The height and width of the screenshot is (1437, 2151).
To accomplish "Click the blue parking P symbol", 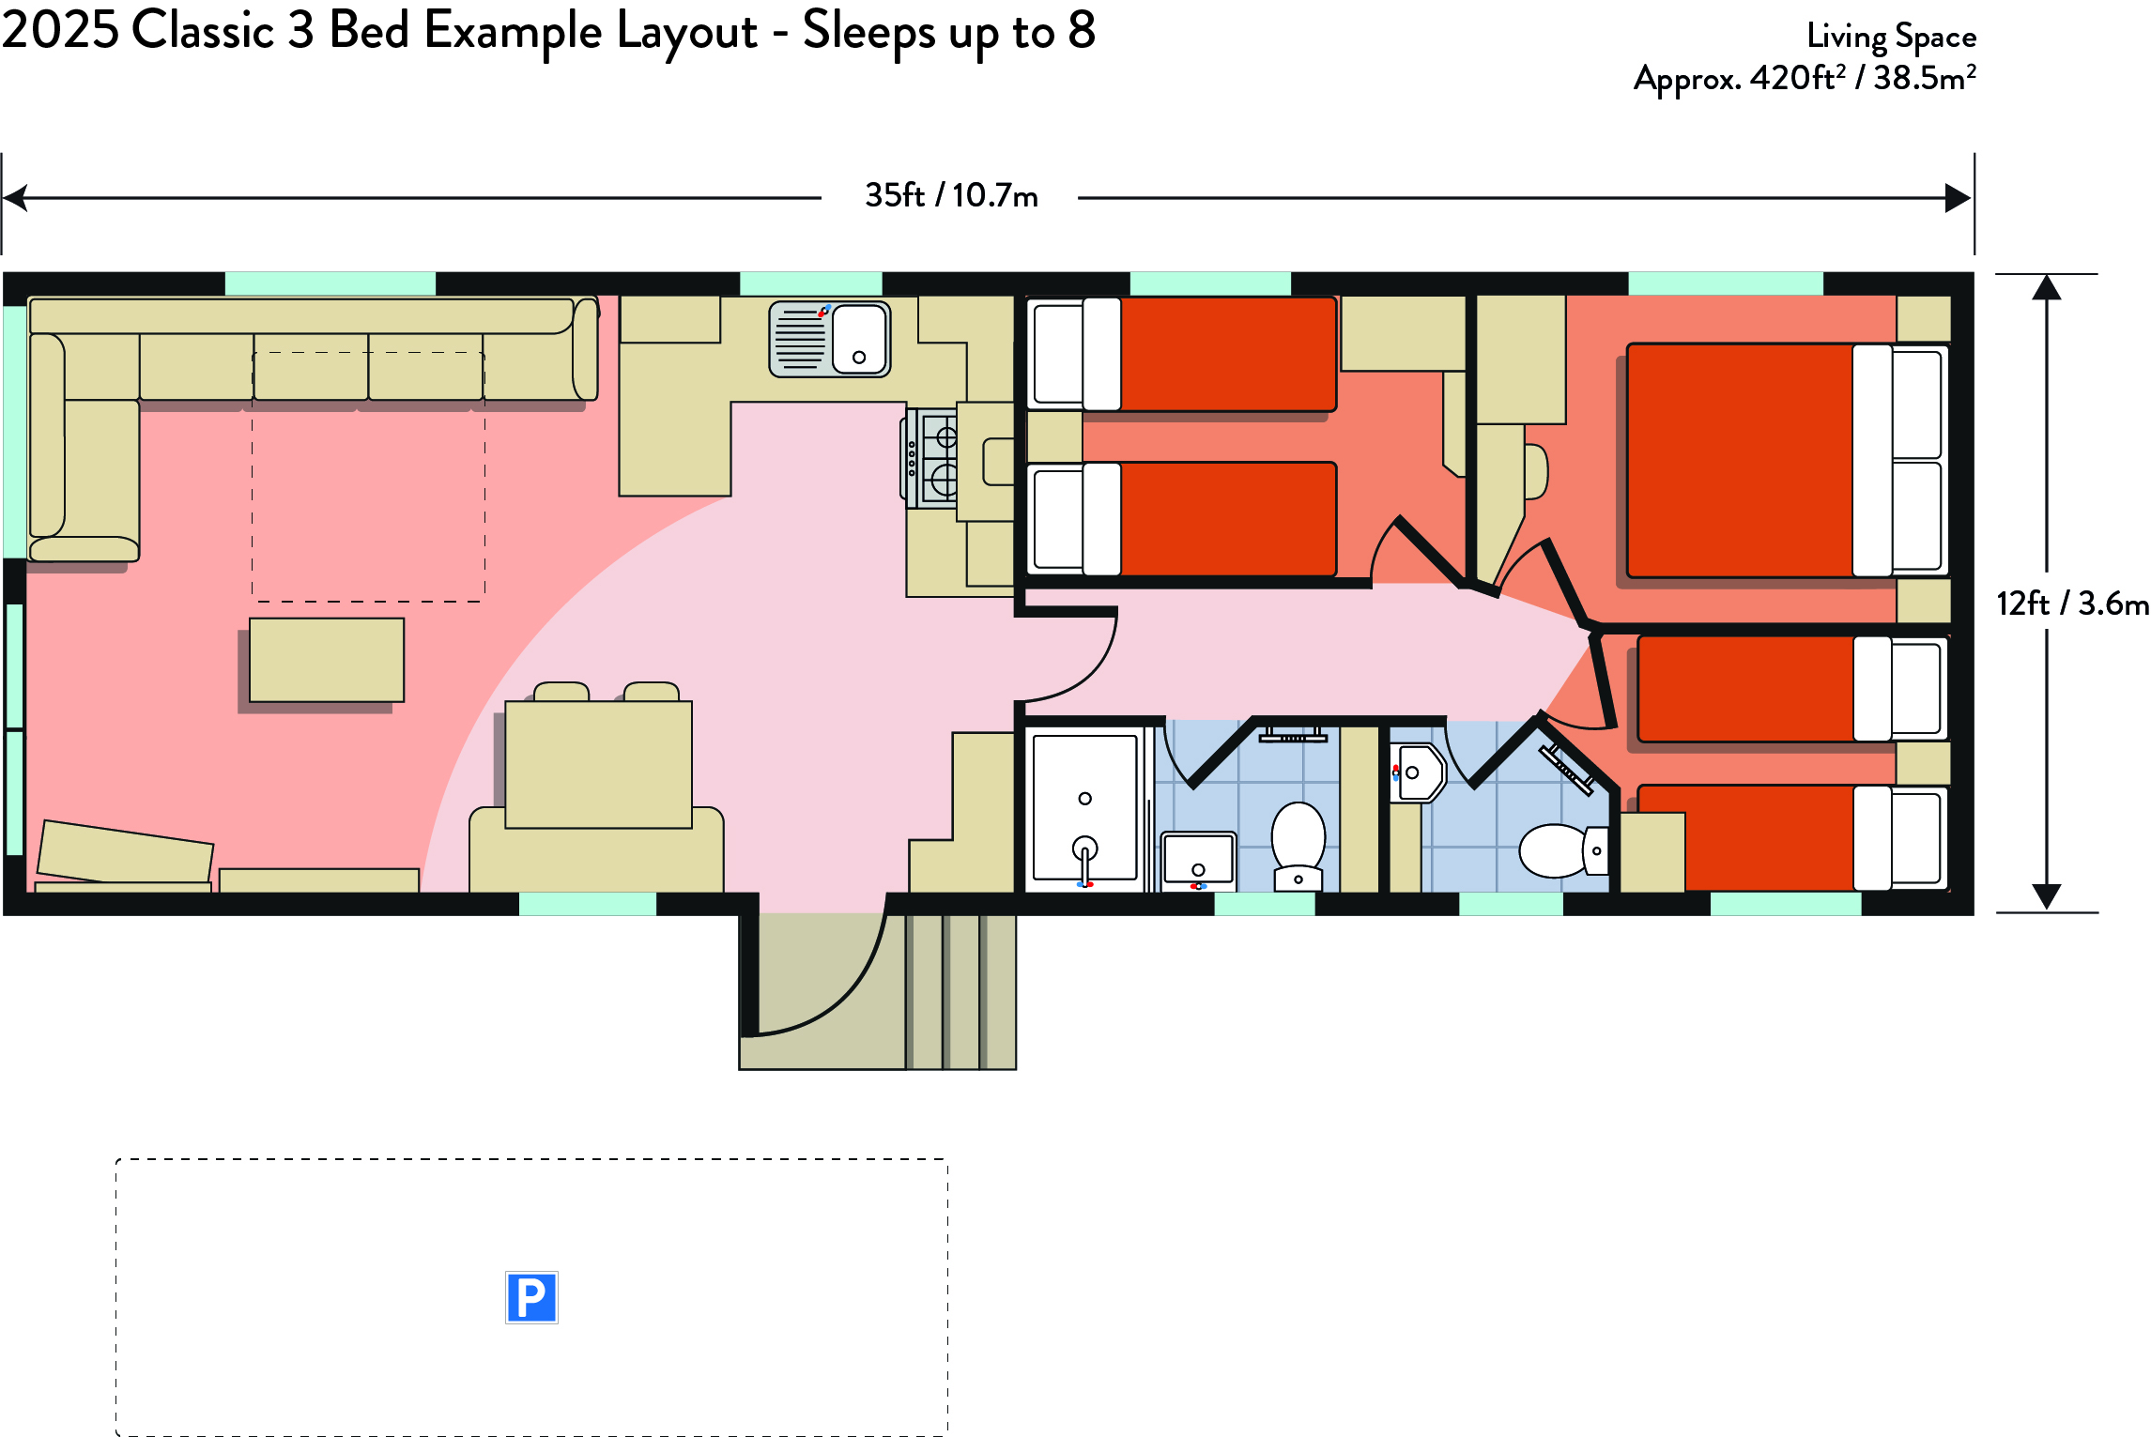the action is (x=531, y=1297).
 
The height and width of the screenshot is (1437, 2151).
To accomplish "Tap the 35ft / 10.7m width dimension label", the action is (x=951, y=196).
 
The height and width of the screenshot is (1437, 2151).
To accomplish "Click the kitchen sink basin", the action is (x=859, y=339).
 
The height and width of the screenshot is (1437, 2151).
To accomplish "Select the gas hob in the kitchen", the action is (x=930, y=458).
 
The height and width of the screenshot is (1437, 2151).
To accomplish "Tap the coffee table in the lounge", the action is (x=327, y=660).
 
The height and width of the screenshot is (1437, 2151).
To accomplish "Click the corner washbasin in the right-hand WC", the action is (x=1418, y=772).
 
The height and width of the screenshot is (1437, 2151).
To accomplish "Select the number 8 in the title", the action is (x=1082, y=30).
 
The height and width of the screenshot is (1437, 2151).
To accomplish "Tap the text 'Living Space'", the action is (x=1891, y=37).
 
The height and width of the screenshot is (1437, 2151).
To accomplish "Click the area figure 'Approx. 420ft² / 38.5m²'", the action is (x=1805, y=78).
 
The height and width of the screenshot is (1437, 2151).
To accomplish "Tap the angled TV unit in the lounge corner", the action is (x=125, y=851).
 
